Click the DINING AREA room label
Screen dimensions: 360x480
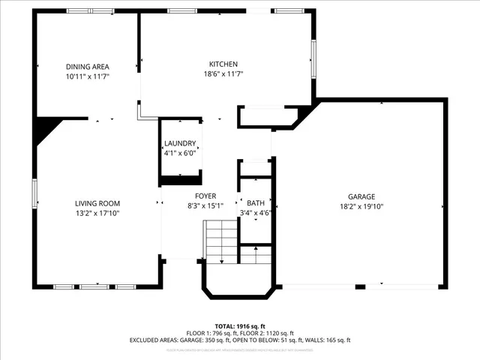pyautogui.click(x=87, y=67)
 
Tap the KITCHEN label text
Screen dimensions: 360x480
pyautogui.click(x=223, y=64)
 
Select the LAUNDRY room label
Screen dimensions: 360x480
pyautogui.click(x=180, y=143)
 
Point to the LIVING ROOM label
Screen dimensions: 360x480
pyautogui.click(x=97, y=203)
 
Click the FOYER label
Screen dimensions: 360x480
pyautogui.click(x=205, y=196)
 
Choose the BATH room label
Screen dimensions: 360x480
pyautogui.click(x=255, y=203)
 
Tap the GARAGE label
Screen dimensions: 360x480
pyautogui.click(x=361, y=196)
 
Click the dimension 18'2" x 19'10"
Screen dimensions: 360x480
pyautogui.click(x=361, y=206)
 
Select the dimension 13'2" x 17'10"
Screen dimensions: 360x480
pyautogui.click(x=97, y=213)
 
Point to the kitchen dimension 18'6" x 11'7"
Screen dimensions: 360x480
pyautogui.click(x=223, y=74)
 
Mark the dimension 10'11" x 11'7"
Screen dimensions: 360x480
pyautogui.click(x=87, y=76)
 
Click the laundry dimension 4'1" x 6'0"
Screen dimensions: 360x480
pyautogui.click(x=180, y=152)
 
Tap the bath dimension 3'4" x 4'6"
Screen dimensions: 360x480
pyautogui.click(x=255, y=213)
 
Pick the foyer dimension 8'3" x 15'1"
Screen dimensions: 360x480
pyautogui.click(x=205, y=205)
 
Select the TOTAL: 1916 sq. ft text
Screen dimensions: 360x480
pyautogui.click(x=240, y=326)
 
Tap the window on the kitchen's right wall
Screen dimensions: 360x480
pyautogui.click(x=313, y=55)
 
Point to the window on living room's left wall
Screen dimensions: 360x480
pyautogui.click(x=34, y=193)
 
